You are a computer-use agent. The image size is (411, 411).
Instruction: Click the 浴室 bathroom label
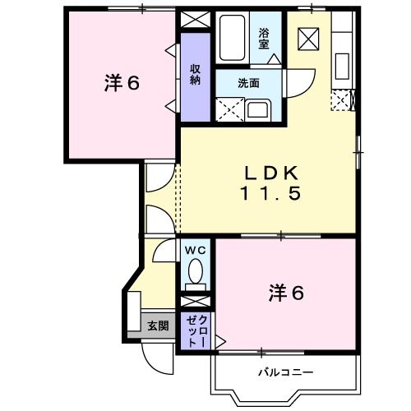pyautogui.click(x=265, y=38)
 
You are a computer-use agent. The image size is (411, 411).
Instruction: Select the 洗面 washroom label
pyautogui.click(x=249, y=82)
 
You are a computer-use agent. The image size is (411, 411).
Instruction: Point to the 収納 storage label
pyautogui.click(x=196, y=74)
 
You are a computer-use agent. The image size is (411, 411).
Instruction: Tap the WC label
pyautogui.click(x=194, y=250)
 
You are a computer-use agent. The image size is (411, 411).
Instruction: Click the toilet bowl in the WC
pyautogui.click(x=196, y=272)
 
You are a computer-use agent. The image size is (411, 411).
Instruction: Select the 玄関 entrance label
pyautogui.click(x=157, y=326)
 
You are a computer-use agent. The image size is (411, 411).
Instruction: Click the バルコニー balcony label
pyautogui.click(x=285, y=372)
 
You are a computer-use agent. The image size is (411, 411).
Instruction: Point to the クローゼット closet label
pyautogui.click(x=196, y=331)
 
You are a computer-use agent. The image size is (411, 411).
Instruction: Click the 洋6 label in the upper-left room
pyautogui.click(x=121, y=83)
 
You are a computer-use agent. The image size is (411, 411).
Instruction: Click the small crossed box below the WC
pyautogui.click(x=196, y=299)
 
